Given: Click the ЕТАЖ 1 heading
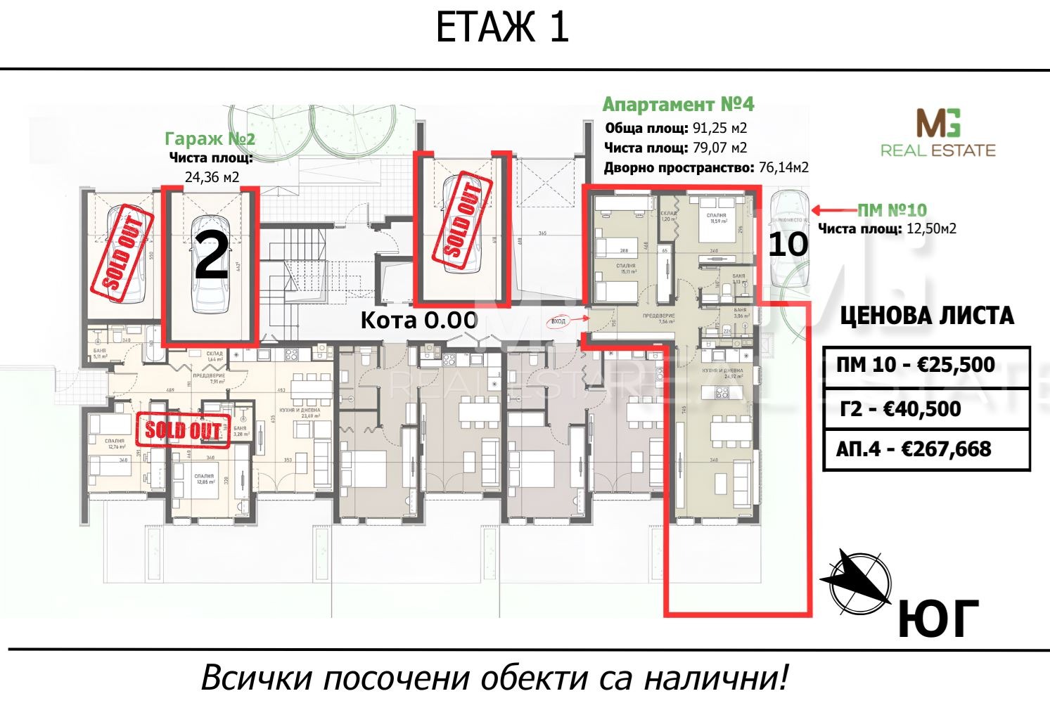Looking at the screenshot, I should click(x=501, y=29).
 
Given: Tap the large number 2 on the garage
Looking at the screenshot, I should click(x=211, y=257).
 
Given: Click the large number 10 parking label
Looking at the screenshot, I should click(x=788, y=245).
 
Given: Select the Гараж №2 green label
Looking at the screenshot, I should click(x=210, y=138).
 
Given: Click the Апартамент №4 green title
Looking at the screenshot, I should click(x=678, y=105).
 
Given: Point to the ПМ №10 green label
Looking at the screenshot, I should click(x=892, y=209).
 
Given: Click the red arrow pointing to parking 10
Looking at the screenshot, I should click(x=833, y=209).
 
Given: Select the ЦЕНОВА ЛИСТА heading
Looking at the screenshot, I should click(x=927, y=316).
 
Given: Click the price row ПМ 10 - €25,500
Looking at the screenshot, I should click(x=926, y=365).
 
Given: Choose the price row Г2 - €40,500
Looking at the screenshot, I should click(x=926, y=408).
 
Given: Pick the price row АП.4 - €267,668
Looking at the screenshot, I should click(x=926, y=449).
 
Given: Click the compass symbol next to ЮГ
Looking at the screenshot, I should click(x=857, y=581).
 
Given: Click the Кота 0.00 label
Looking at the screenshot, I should click(x=419, y=321).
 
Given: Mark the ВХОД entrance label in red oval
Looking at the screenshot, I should click(x=558, y=321).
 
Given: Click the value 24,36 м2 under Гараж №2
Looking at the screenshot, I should click(x=212, y=176).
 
